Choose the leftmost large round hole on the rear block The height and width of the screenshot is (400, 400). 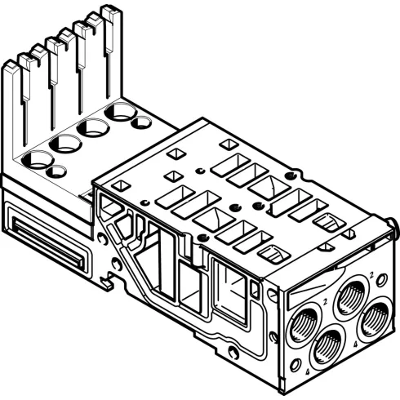(38, 158)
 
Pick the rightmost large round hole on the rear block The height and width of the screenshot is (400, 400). (121, 111)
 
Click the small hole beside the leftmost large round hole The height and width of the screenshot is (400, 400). (56, 171)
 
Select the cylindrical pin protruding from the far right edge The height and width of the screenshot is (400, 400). (393, 221)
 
